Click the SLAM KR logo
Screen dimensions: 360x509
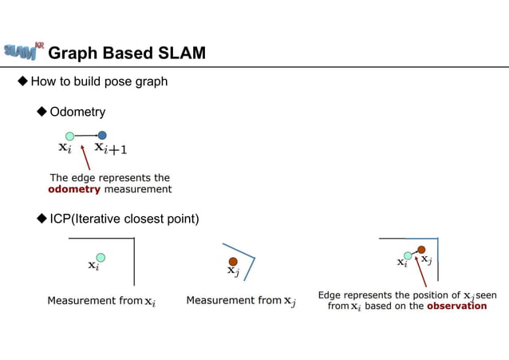[23, 50]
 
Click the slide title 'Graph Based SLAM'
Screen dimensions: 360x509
[127, 53]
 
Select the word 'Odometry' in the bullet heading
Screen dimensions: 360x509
[77, 111]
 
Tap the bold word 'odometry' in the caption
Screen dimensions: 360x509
[74, 189]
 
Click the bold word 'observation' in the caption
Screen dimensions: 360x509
[456, 306]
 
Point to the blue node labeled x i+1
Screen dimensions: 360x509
[102, 136]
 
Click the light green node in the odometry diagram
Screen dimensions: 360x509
[69, 136]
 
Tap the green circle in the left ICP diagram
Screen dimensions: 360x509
[101, 257]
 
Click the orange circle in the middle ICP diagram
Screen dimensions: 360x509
[233, 262]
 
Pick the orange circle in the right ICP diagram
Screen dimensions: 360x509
[420, 250]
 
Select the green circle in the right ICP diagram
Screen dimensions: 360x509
[408, 255]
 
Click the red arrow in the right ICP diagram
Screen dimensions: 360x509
[420, 271]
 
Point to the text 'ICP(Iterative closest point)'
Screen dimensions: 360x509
[124, 219]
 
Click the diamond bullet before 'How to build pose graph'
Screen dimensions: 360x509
[22, 81]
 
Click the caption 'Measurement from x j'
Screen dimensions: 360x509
[240, 301]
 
